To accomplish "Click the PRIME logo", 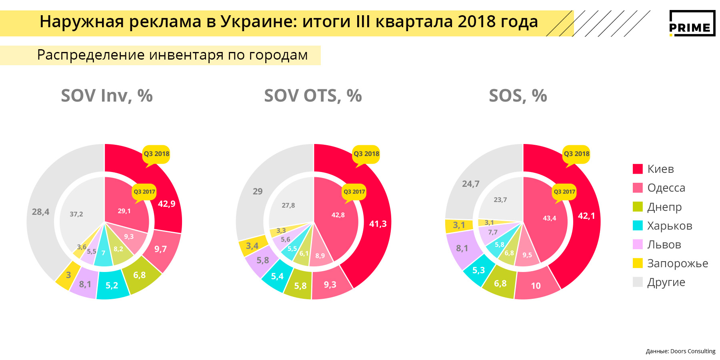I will coord(692,23).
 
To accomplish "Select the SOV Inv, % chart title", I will coord(107,96).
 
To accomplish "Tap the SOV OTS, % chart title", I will coord(313,96).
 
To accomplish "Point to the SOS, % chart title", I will coord(518,96).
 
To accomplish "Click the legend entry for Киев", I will coord(660,169).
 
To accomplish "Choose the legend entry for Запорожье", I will coord(677,264).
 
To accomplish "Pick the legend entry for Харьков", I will coord(669,226).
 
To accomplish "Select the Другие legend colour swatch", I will coord(638,282).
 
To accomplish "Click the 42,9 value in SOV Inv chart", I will coord(166,204).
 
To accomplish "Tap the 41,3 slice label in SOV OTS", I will coord(378,224).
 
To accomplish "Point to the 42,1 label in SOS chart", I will coord(586,216).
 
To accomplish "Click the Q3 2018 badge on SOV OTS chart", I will coord(366,154).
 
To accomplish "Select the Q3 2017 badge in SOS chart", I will coord(564,192).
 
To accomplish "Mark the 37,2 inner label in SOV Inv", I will coord(76,214).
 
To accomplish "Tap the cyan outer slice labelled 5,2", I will coord(112,286).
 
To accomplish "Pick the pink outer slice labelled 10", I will coord(536,286).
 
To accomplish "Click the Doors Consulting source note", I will coord(680,351).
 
